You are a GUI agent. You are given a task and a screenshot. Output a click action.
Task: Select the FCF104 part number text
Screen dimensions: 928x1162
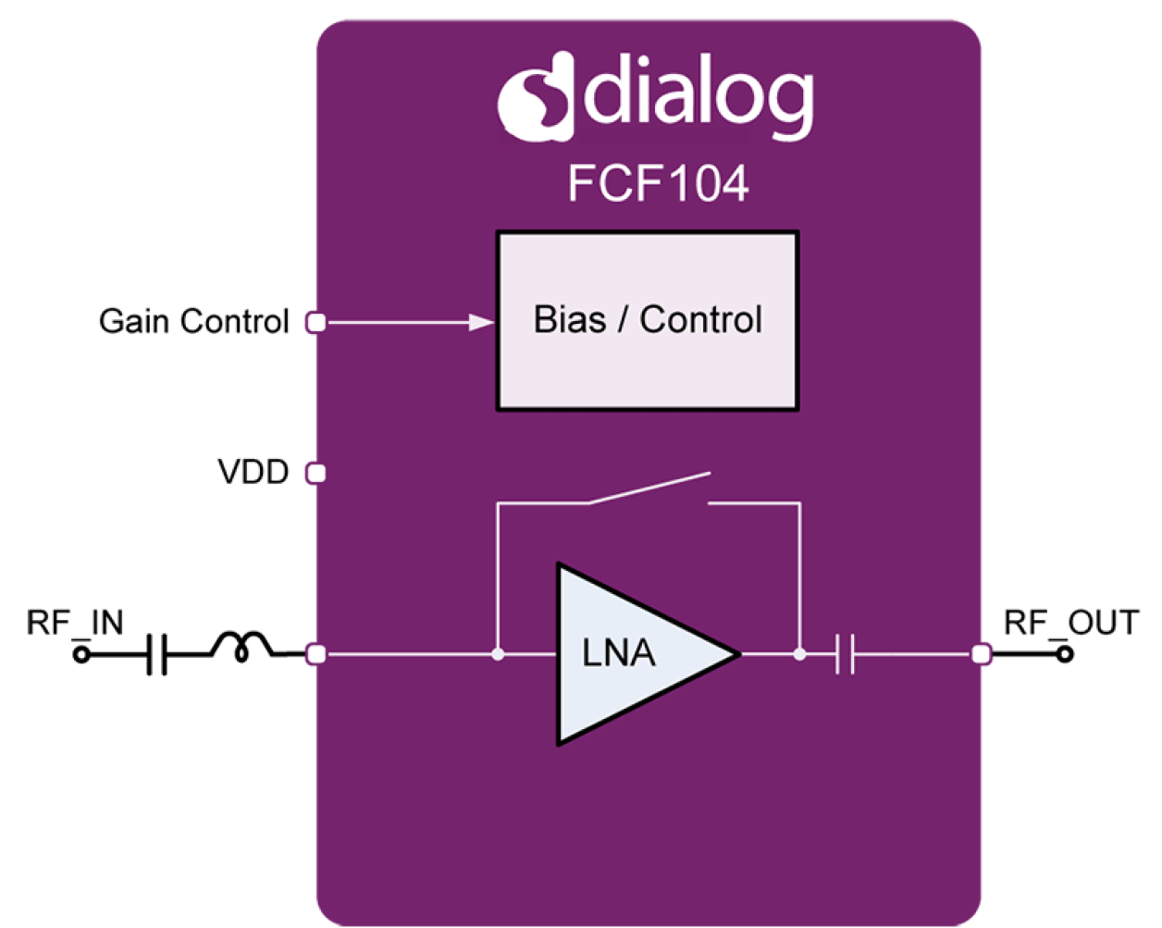coord(658,184)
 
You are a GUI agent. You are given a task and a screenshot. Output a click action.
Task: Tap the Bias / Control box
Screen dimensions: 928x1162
coord(648,320)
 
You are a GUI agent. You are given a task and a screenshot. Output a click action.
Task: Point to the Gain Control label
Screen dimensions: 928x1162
coord(194,322)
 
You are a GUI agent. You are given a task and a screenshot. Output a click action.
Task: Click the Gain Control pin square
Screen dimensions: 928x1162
coord(315,322)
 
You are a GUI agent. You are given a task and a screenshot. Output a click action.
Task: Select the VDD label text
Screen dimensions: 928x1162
coord(253,472)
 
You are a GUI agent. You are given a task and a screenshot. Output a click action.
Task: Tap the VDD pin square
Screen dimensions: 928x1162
coord(315,474)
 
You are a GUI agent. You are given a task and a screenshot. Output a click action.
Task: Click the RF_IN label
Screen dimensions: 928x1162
coord(75,623)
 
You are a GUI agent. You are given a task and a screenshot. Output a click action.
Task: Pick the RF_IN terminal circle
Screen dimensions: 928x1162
coord(81,655)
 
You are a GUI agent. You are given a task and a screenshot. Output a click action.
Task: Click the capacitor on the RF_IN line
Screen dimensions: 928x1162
coord(158,655)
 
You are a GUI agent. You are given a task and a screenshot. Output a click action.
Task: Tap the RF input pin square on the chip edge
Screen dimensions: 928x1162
coord(315,655)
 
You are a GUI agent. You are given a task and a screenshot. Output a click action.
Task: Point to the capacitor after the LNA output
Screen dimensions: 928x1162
coord(844,655)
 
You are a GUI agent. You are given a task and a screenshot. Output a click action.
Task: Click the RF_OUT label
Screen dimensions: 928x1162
coord(1069,624)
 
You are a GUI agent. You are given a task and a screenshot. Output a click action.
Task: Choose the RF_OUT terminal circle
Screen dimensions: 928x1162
coord(1065,654)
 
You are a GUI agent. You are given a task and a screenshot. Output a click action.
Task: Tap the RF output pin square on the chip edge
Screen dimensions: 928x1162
coord(981,655)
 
